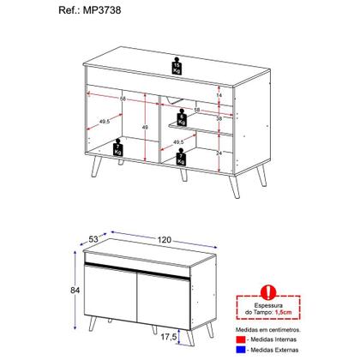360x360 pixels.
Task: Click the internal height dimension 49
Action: (146, 129)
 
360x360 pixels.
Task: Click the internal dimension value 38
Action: (220, 120)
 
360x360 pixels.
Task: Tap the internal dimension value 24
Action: (220, 153)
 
